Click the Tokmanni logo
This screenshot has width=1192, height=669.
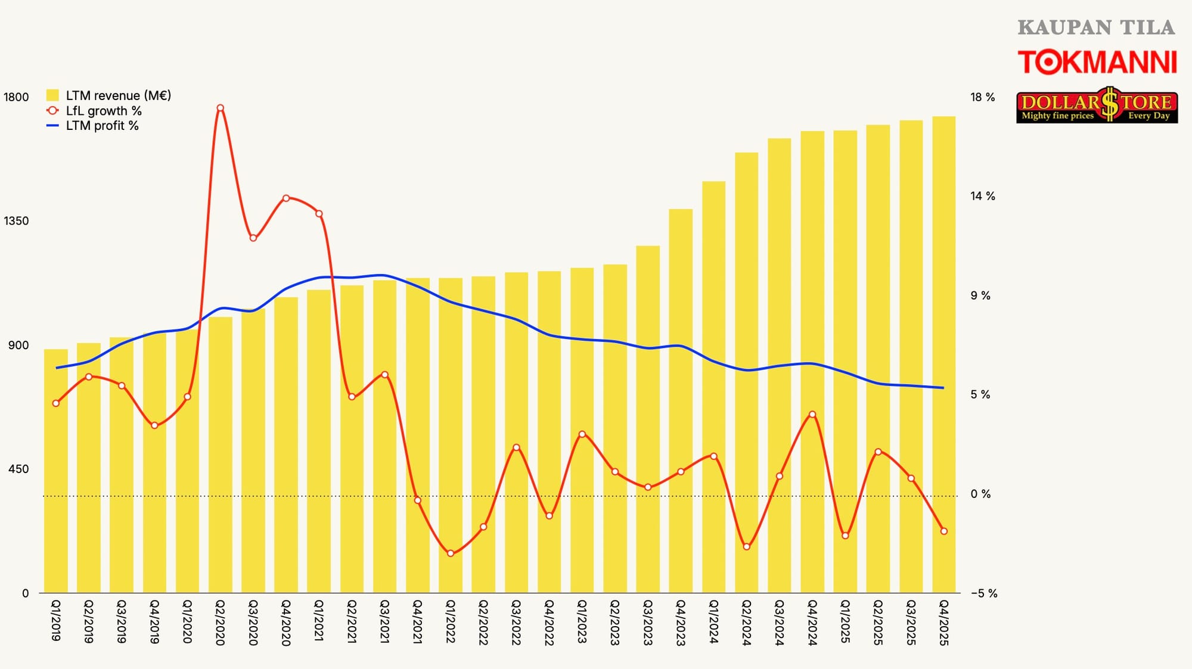[1097, 63]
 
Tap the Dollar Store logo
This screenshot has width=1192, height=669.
[1097, 105]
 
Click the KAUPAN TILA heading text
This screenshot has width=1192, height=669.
[1096, 27]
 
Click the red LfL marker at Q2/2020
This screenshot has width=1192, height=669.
[221, 108]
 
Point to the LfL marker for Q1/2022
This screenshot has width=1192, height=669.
[451, 553]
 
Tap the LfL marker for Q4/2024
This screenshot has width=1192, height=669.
[812, 414]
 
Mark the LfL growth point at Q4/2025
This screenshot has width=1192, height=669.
[943, 531]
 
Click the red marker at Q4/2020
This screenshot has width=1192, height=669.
[286, 198]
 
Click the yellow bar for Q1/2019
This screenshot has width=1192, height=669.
[56, 471]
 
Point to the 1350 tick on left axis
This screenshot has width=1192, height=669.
[16, 221]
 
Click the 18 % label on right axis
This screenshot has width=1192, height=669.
[982, 97]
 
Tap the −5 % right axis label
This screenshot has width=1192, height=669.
[983, 593]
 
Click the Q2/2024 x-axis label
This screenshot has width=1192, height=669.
[746, 623]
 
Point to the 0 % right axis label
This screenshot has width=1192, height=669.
[980, 494]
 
